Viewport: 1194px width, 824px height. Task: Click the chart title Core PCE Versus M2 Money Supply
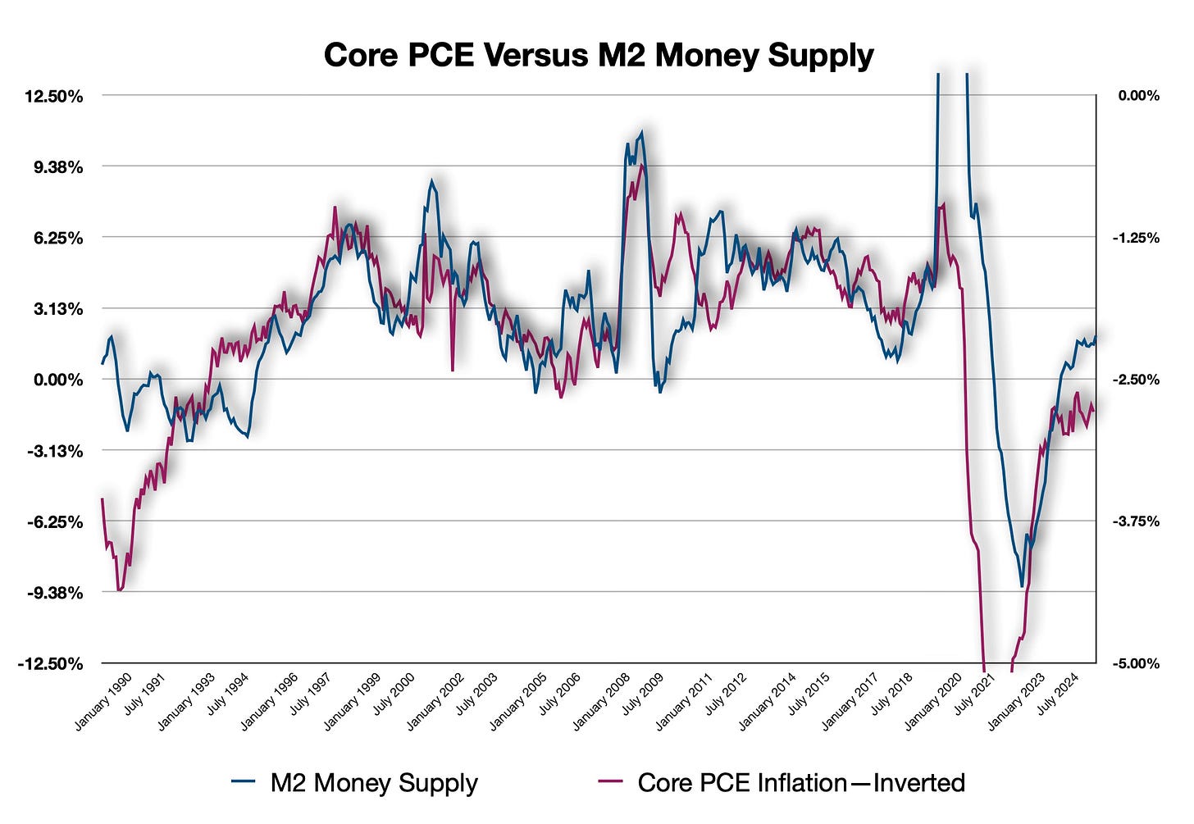tap(598, 56)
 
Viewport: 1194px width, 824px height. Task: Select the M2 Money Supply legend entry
tap(373, 782)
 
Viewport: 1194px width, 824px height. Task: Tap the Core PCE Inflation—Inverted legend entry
tap(800, 782)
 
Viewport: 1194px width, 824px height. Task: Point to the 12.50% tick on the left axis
tap(54, 96)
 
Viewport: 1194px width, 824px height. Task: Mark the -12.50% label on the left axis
tap(51, 663)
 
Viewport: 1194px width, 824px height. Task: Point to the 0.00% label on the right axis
tap(1138, 96)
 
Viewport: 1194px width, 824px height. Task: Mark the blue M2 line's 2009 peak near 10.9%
tap(641, 132)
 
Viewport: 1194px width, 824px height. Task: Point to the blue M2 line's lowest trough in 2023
tap(1022, 585)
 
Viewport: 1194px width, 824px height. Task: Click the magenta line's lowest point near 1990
tap(120, 590)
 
